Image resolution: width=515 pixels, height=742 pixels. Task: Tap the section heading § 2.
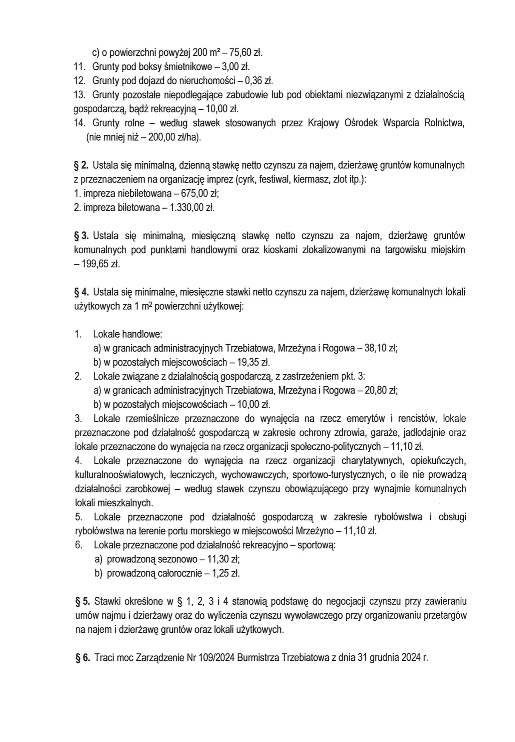81,165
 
